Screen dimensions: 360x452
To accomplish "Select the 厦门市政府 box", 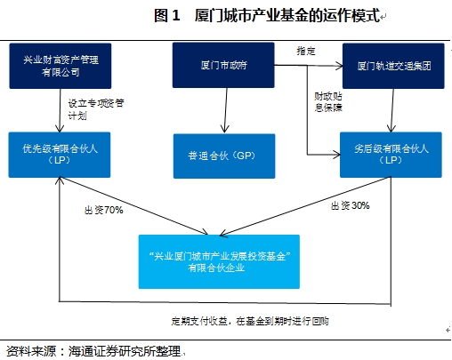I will [221, 65].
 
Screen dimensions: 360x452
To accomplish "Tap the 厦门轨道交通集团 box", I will [388, 65].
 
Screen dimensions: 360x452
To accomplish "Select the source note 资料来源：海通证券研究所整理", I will [93, 349].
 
